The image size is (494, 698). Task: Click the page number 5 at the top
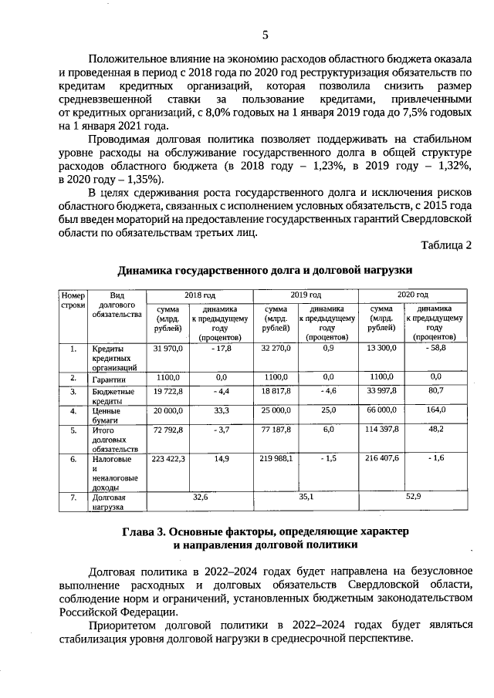click(265, 35)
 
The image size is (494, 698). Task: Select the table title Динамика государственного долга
click(265, 270)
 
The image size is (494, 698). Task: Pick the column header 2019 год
click(306, 295)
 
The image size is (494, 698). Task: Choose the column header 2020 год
click(412, 295)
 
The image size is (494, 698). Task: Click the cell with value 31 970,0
click(167, 349)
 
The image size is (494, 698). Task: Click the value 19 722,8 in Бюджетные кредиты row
click(167, 392)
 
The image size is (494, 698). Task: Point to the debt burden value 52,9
click(412, 497)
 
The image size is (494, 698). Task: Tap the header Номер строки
click(73, 300)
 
